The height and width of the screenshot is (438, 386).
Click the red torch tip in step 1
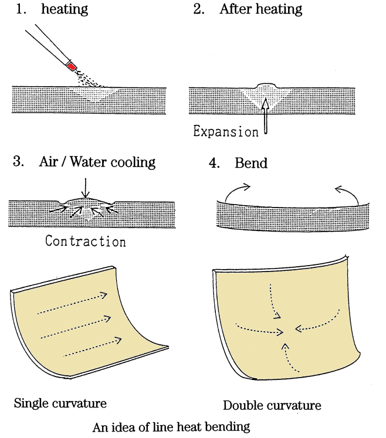[72, 66]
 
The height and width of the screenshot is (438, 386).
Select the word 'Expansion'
[226, 131]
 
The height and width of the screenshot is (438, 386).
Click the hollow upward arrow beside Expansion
[265, 116]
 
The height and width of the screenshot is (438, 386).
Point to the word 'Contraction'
[85, 241]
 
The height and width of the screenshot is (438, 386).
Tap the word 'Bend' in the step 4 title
[251, 163]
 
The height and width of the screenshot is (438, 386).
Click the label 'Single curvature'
[60, 403]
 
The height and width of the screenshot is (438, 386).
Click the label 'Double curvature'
[272, 406]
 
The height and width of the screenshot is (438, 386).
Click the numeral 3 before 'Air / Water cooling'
[16, 162]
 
